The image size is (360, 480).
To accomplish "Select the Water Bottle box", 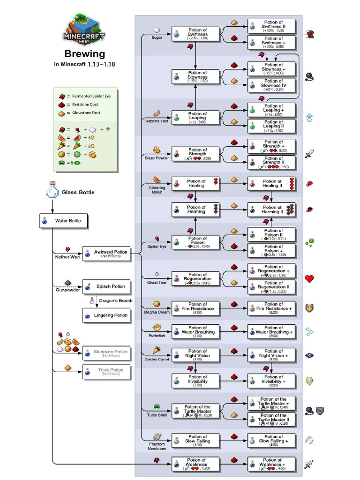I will (63, 221).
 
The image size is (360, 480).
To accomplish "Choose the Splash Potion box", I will (106, 286).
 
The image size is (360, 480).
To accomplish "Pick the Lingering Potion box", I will (106, 315).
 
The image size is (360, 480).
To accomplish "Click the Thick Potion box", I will (106, 372).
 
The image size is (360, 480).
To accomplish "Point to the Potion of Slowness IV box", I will (272, 85).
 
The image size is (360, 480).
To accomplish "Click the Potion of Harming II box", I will (272, 210).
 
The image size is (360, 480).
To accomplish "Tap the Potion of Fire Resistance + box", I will (272, 308).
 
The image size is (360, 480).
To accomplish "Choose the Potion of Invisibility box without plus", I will (195, 381).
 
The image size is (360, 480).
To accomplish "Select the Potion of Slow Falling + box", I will (272, 441).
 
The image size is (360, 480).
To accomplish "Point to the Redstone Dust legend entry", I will (84, 105).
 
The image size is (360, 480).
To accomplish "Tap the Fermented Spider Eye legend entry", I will (84, 96).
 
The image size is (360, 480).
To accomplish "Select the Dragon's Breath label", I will (115, 300).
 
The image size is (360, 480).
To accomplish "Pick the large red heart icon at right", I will (309, 278).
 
